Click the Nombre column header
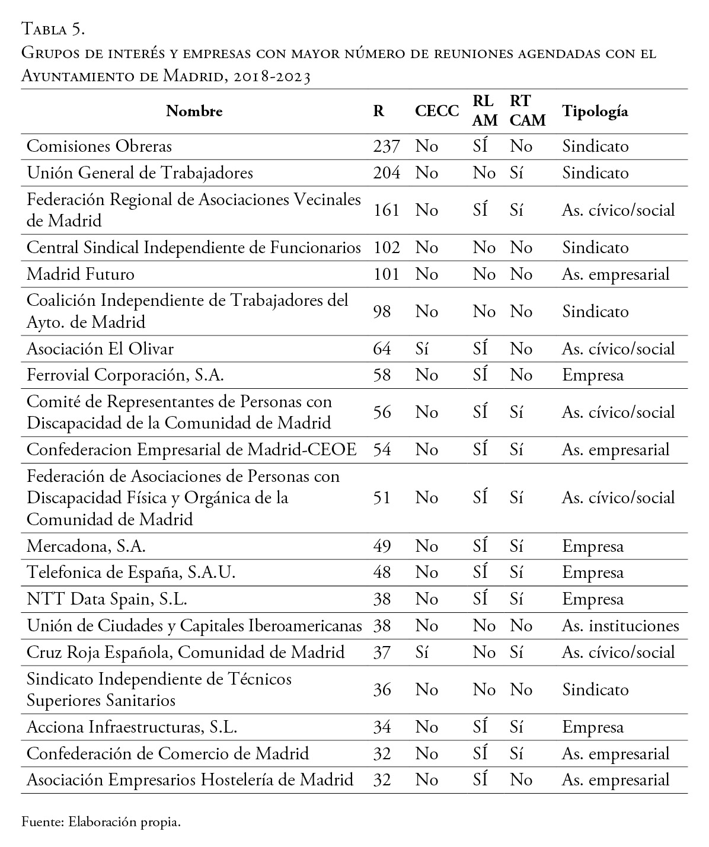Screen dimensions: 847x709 click(194, 111)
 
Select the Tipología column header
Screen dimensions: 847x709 click(595, 111)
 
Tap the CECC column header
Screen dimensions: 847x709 click(437, 111)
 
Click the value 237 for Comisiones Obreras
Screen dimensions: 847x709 click(387, 146)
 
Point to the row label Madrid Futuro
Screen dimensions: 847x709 click(81, 274)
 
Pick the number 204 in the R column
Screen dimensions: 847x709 click(387, 172)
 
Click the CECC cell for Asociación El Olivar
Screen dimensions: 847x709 click(422, 349)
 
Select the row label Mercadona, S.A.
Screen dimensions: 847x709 click(87, 546)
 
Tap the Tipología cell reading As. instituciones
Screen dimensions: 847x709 click(620, 626)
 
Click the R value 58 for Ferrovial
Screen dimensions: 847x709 click(382, 375)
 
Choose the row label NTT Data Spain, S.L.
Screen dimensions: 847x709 click(107, 599)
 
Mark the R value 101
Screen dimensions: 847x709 click(387, 274)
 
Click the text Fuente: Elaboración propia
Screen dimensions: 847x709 click(101, 822)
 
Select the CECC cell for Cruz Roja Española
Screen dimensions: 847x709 click(422, 653)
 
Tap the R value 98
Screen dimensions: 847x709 click(382, 311)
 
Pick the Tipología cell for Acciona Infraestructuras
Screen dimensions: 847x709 click(592, 727)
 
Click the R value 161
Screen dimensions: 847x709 click(387, 210)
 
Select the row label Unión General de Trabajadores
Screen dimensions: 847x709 click(140, 172)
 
